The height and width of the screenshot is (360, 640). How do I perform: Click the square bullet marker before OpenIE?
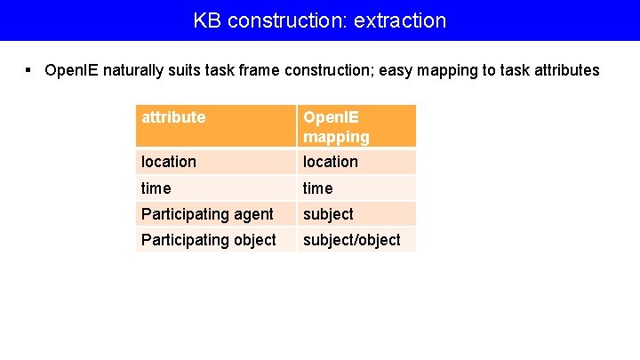pos(29,70)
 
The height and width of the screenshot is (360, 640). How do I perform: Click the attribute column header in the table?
pos(173,117)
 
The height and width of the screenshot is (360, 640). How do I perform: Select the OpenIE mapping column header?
pos(336,126)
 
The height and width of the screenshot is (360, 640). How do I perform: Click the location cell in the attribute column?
pos(169,162)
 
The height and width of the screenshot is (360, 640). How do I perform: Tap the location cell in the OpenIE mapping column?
pos(331,162)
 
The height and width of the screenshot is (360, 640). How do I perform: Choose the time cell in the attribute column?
pos(156,188)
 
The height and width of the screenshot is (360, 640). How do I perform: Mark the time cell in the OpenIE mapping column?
pos(318,188)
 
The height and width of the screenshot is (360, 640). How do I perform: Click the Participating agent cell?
pos(207,214)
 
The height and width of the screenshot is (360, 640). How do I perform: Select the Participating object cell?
pos(209,240)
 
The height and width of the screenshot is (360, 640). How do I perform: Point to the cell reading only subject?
pos(328,214)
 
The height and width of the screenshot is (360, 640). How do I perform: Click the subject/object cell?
pos(352,240)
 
